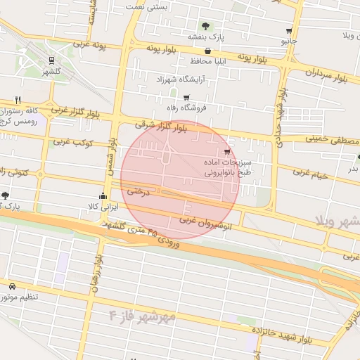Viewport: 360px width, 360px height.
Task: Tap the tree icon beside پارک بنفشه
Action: click(x=205, y=25)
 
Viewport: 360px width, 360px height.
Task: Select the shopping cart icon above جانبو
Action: click(x=289, y=31)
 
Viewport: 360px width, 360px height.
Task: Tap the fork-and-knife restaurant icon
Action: click(x=18, y=100)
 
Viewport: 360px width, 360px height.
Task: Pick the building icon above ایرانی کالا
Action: click(x=103, y=196)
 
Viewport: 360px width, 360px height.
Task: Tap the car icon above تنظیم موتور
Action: click(x=13, y=287)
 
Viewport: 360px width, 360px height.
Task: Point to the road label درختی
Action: click(x=134, y=191)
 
